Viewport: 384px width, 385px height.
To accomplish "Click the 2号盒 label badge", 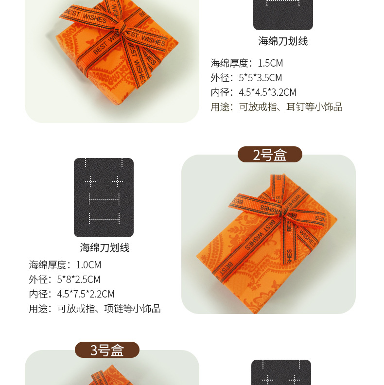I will click(270, 155).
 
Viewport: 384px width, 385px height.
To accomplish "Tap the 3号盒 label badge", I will click(107, 350).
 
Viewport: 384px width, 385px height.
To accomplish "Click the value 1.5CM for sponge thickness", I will click(270, 63).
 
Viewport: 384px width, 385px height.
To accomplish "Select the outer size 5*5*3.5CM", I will click(261, 78).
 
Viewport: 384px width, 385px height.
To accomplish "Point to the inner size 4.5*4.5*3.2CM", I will click(267, 92).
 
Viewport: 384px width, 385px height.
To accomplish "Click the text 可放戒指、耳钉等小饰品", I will click(291, 107).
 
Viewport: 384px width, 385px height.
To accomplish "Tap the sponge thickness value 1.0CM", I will click(88, 265).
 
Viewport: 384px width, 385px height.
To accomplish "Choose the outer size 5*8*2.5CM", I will click(78, 280).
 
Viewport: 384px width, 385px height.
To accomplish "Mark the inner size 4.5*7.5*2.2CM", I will click(86, 294).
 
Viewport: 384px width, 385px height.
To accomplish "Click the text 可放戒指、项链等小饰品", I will click(109, 309).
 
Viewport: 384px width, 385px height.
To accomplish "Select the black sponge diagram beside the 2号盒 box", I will click(104, 197).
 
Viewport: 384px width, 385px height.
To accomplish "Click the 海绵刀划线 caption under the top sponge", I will click(283, 41).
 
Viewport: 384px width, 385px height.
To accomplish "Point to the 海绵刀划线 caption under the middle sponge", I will click(105, 248).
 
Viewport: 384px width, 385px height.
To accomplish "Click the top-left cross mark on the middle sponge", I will click(90, 181).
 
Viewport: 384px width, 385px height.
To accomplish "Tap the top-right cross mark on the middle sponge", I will click(117, 181).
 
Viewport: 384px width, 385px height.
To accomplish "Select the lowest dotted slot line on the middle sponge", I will click(104, 217).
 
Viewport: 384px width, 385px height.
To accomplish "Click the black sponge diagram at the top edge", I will click(283, 15).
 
